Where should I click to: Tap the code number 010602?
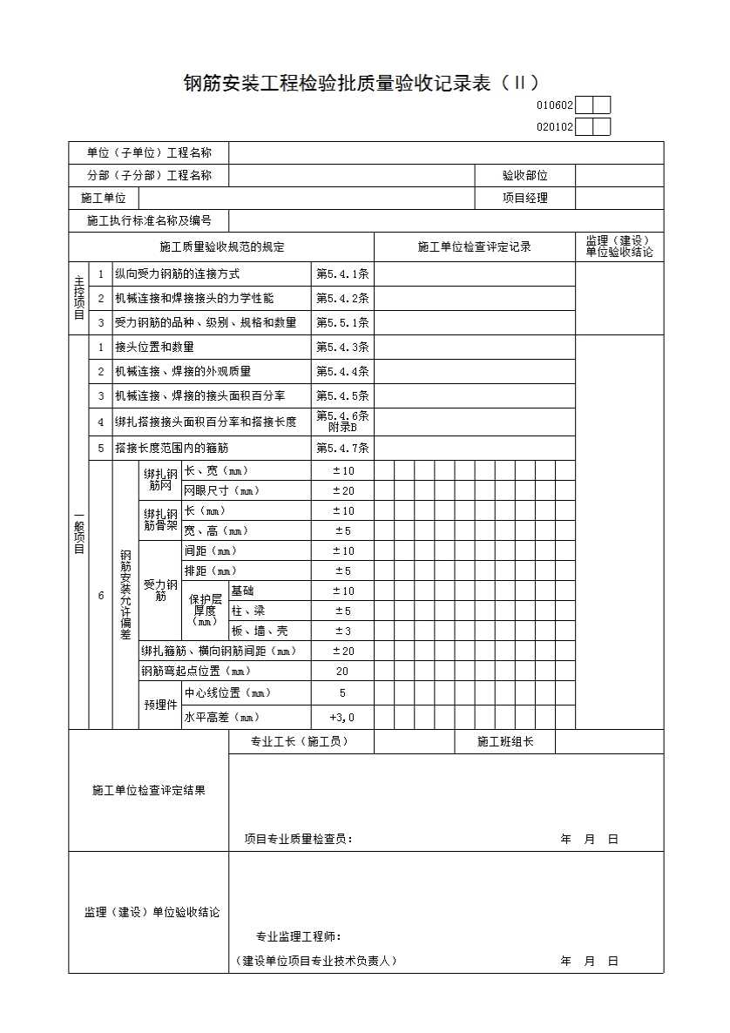tap(555, 105)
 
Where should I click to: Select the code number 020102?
tap(555, 127)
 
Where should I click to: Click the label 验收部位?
tap(524, 175)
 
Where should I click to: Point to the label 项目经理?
tap(524, 198)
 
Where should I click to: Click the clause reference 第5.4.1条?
tap(342, 274)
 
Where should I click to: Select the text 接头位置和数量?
tap(154, 347)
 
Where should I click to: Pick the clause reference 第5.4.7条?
tap(342, 449)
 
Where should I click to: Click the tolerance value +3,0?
tap(342, 718)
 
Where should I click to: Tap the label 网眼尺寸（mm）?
tap(221, 490)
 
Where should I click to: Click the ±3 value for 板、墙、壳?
tap(342, 631)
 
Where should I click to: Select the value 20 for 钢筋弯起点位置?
tap(342, 672)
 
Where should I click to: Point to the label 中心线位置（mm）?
tap(227, 693)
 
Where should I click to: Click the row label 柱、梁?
tap(247, 611)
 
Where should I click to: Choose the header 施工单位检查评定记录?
tap(474, 247)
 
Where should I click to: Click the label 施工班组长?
tap(504, 742)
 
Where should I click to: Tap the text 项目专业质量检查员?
tap(297, 840)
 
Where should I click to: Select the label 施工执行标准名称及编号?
tap(149, 220)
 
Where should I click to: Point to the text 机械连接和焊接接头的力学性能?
tap(193, 298)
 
